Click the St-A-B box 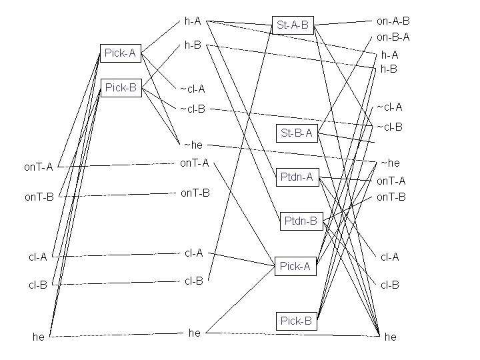tap(293, 25)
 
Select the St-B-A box tap(296, 133)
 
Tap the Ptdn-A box tap(296, 177)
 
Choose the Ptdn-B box tap(301, 221)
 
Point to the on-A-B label tap(393, 21)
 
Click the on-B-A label tap(393, 37)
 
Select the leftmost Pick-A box tap(121, 53)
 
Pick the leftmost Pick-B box tap(121, 87)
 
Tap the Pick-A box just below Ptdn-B tap(295, 266)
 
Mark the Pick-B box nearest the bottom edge tap(296, 321)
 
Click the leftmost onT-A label tap(39, 167)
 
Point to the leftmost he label tap(39, 337)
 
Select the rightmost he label tap(391, 337)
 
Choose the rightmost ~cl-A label tap(389, 107)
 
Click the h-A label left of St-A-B tap(193, 21)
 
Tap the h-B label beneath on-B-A tap(389, 69)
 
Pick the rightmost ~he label tap(390, 163)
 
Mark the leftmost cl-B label tap(37, 285)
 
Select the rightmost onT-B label tap(391, 197)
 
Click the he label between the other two tap(194, 333)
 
